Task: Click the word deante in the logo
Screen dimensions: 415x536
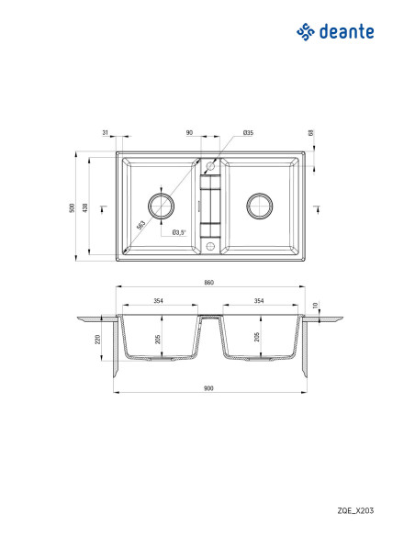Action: [x=346, y=31]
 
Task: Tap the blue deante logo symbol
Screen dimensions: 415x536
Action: [x=305, y=32]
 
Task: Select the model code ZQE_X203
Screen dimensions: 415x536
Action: [x=355, y=510]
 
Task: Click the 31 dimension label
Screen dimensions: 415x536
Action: [x=105, y=133]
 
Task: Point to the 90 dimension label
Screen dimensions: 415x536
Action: [x=189, y=133]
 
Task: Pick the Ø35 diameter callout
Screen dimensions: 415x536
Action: [x=248, y=133]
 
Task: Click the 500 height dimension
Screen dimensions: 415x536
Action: [x=72, y=207]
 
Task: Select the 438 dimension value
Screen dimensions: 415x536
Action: [x=85, y=207]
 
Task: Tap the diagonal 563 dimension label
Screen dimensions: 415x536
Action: [x=140, y=225]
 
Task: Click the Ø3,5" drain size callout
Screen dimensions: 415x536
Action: [x=179, y=232]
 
